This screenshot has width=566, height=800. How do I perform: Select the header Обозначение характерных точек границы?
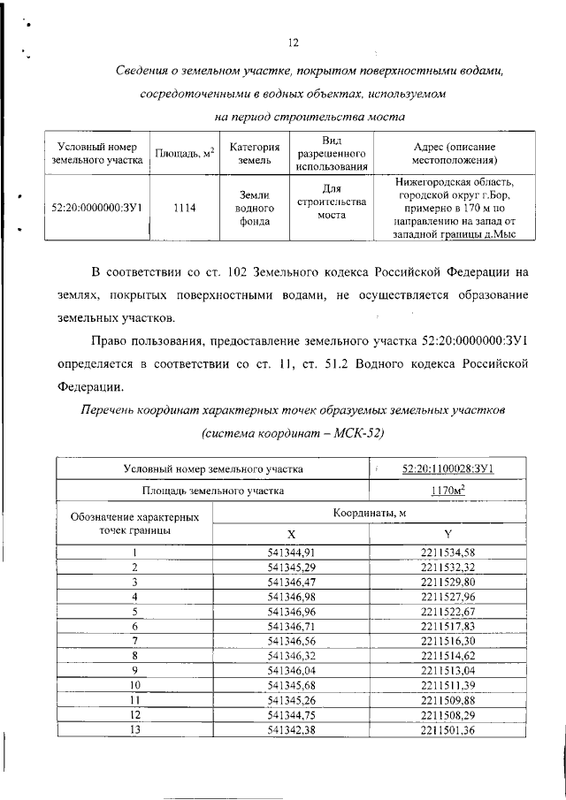(x=135, y=522)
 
